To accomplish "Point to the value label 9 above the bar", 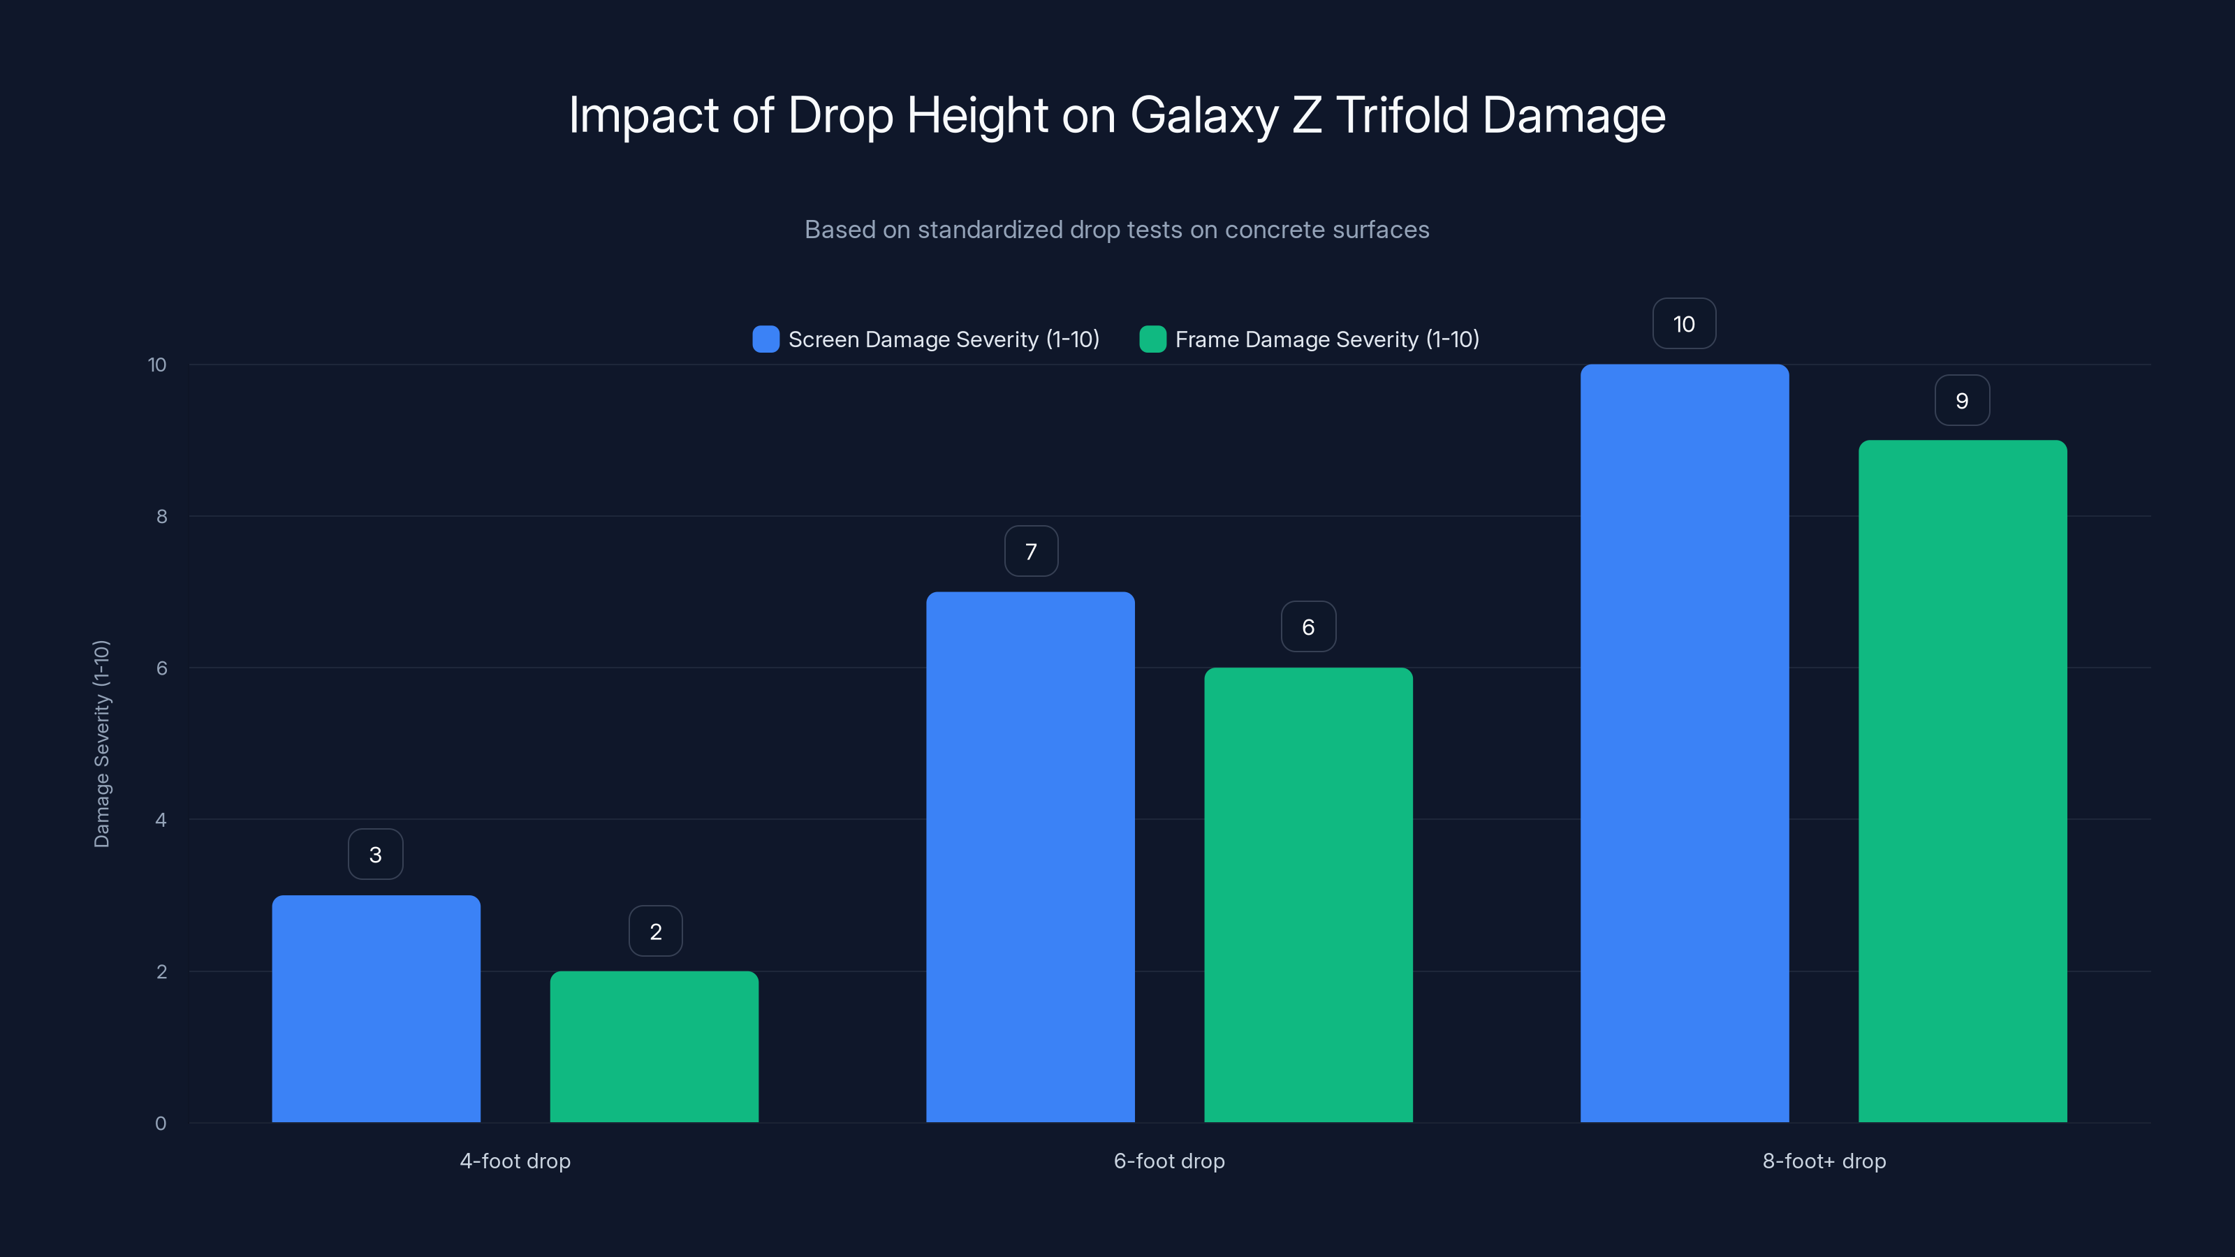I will [x=1962, y=401].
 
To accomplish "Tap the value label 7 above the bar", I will [x=1031, y=551].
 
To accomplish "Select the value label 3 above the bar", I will [x=376, y=855].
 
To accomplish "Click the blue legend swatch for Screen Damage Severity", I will [x=765, y=339].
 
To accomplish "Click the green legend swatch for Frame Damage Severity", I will [x=1152, y=339].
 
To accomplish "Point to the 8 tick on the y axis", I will [x=161, y=516].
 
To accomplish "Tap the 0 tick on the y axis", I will [x=161, y=1124].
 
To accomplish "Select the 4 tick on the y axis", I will [x=161, y=820].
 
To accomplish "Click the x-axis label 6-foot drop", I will [x=1168, y=1161].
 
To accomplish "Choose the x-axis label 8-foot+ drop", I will [x=1824, y=1161].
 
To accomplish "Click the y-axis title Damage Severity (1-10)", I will [x=101, y=744].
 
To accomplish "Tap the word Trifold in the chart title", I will [x=1402, y=115].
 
